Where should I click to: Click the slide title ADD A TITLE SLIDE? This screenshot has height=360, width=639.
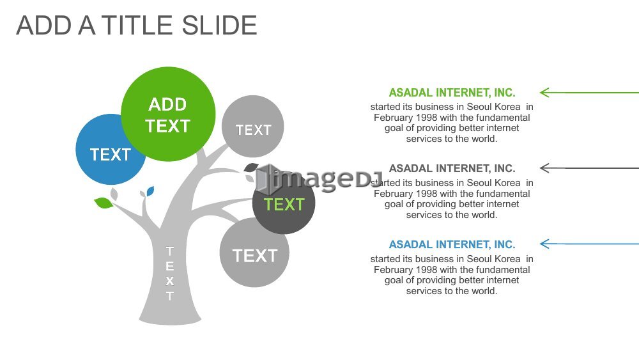coord(137,26)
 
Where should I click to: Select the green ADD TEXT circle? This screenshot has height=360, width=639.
coord(168,114)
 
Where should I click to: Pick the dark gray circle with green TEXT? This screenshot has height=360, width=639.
coord(284,203)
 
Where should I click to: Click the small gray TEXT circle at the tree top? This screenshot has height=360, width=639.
coord(252,127)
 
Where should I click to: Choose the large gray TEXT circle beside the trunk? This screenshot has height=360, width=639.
coord(254,253)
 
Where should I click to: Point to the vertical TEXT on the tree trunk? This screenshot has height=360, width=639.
coord(170,273)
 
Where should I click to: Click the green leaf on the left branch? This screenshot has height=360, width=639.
coord(104,203)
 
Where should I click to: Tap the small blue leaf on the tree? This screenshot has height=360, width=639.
coord(150,191)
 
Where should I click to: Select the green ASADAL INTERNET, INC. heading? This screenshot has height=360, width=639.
coord(452,93)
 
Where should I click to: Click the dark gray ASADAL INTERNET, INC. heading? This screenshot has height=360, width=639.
coord(452,168)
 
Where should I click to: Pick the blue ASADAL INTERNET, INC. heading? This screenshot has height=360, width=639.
coord(452,244)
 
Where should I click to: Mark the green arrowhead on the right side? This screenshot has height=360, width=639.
coord(544,93)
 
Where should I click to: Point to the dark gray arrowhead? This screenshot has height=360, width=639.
coord(544,168)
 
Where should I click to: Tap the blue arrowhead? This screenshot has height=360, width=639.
coord(544,244)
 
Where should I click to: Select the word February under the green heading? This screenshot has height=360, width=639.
coord(394,118)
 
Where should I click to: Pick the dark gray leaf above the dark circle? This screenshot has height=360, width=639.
coord(250,167)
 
